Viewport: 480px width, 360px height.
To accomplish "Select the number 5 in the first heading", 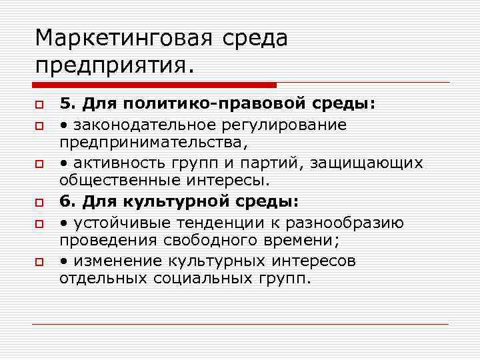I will pyautogui.click(x=65, y=105).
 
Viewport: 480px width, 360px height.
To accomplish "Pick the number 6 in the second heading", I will pyautogui.click(x=65, y=201).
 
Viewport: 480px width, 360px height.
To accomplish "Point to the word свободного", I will pyautogui.click(x=205, y=239).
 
